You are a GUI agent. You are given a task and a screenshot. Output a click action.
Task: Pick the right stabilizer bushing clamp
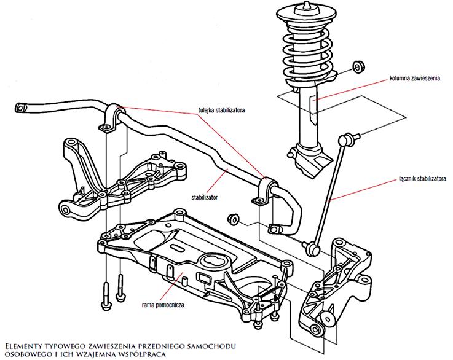[266, 190]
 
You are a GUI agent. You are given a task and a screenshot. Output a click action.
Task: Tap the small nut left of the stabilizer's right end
[233, 218]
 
